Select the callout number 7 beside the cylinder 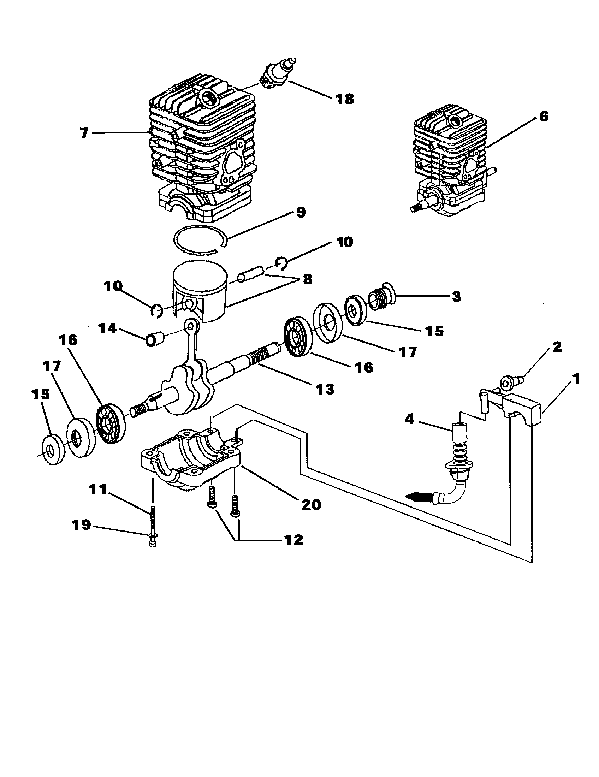[x=84, y=133]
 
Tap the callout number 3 [x=456, y=296]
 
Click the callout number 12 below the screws [x=293, y=540]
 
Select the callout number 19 [x=82, y=524]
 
